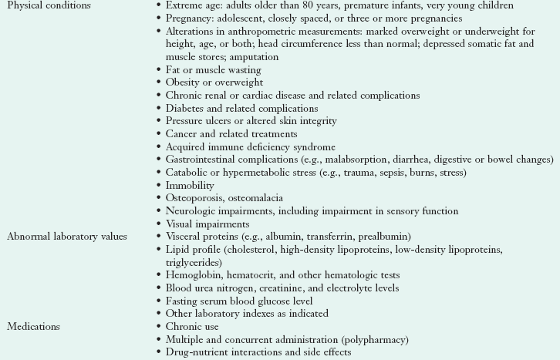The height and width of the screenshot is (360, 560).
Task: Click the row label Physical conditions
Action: pyautogui.click(x=49, y=5)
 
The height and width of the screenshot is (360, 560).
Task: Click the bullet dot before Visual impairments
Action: pyautogui.click(x=157, y=224)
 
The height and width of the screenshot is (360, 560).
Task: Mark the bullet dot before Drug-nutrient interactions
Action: pyautogui.click(x=157, y=352)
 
